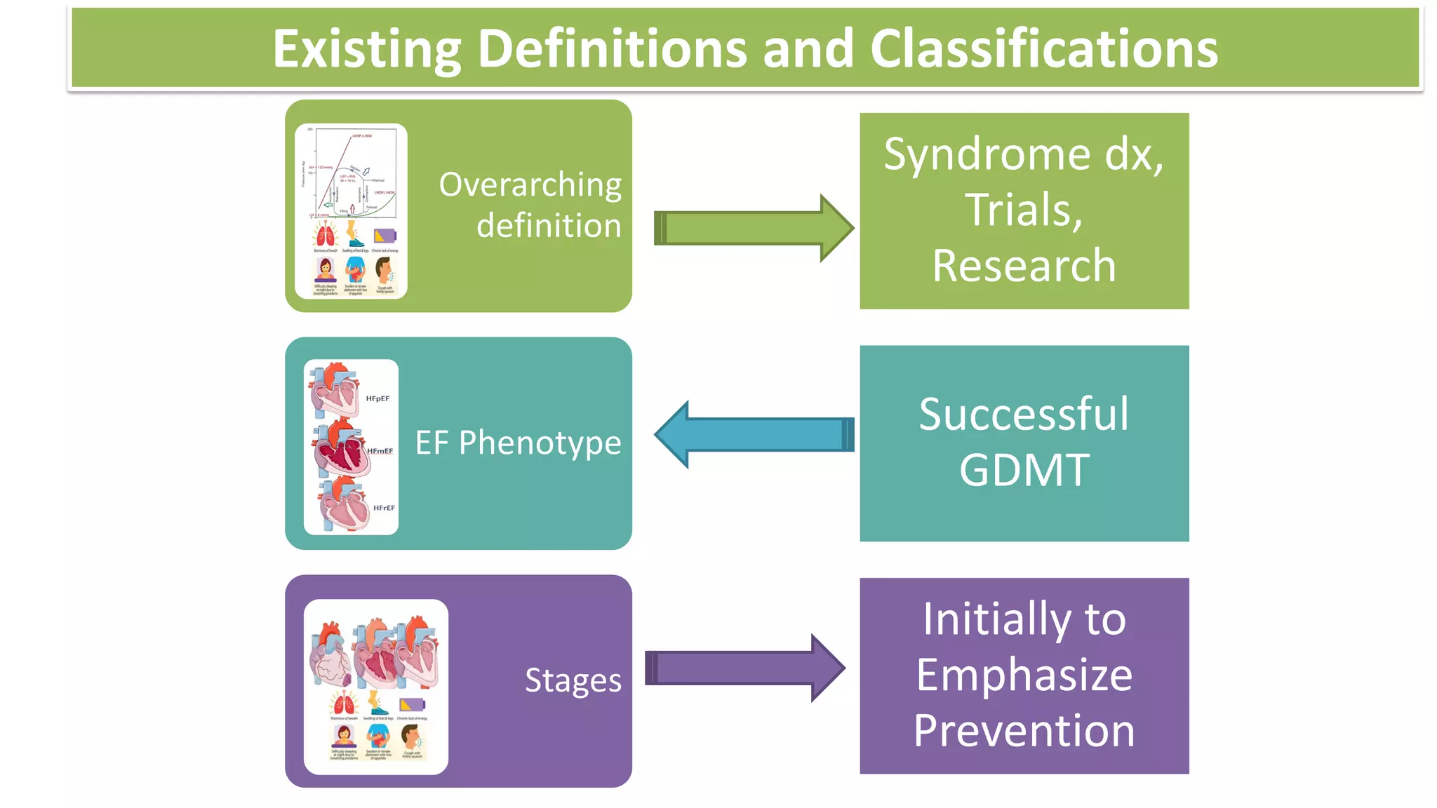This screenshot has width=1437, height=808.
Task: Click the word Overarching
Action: (530, 185)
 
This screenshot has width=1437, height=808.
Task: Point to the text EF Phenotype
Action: (518, 443)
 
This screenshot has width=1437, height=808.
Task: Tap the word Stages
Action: (573, 680)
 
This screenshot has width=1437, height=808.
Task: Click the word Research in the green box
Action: (1024, 267)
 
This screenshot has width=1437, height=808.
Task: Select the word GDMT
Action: (1024, 470)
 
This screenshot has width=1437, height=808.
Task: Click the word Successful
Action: (1024, 414)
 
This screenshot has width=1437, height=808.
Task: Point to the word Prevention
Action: (1024, 731)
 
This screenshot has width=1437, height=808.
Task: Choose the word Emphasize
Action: (1024, 675)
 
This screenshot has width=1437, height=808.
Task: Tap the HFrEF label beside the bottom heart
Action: (384, 508)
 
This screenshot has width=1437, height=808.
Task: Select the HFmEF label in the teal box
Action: (380, 451)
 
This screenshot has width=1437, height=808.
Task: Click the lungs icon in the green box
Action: (325, 234)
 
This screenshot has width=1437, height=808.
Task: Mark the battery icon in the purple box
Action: (412, 704)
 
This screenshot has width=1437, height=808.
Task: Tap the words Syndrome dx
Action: (1024, 154)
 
